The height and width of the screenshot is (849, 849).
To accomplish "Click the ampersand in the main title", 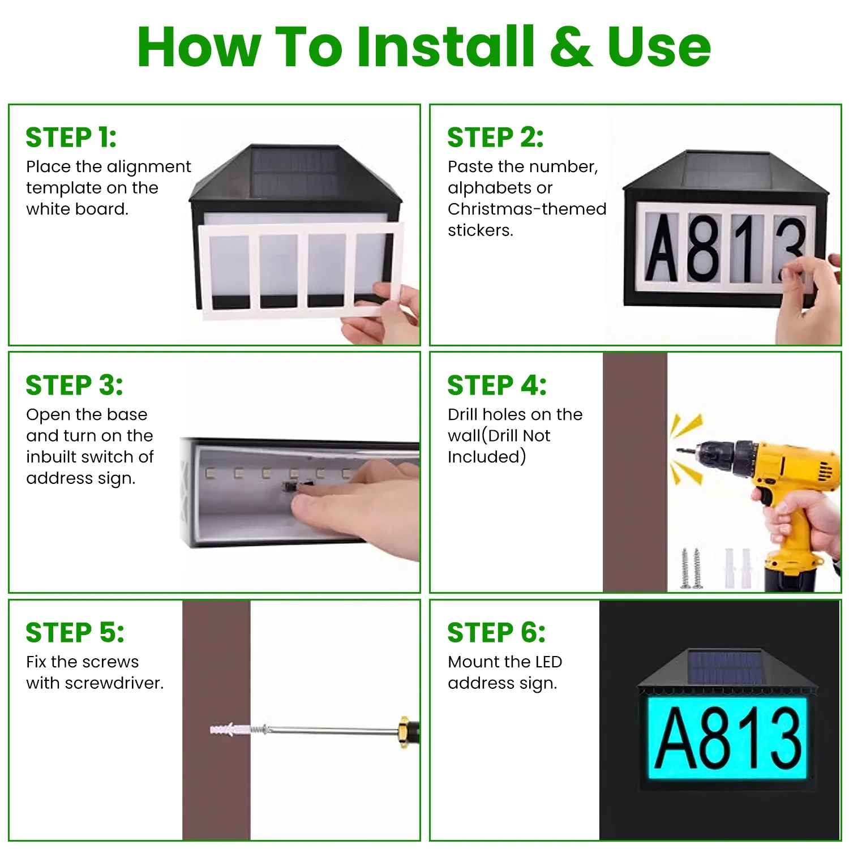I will (x=571, y=48).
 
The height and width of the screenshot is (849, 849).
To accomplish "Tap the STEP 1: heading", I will (x=71, y=138).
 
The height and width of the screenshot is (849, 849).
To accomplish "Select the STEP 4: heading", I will (x=497, y=385).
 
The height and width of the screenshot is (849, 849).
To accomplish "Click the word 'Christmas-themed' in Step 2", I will (x=526, y=209).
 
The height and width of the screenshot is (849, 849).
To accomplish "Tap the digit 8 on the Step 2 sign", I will (x=703, y=248).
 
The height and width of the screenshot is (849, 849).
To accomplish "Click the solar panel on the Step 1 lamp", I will (x=294, y=169).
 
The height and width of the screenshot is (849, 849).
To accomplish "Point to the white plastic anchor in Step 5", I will (x=229, y=729).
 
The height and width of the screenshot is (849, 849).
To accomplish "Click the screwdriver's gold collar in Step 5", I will (x=404, y=731).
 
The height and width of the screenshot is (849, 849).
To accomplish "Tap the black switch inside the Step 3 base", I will (x=292, y=486).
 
